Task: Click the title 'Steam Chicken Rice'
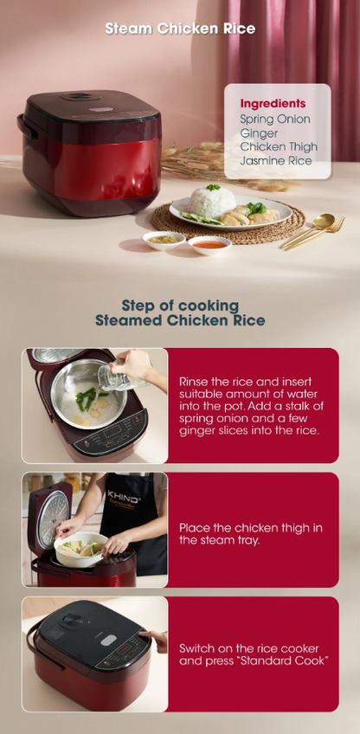click(x=180, y=29)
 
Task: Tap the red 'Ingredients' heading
click(x=273, y=104)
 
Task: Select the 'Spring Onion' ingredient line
click(x=275, y=119)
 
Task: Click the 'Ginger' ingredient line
click(x=259, y=133)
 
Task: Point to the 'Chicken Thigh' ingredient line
click(x=279, y=146)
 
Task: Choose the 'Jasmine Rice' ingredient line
click(x=276, y=161)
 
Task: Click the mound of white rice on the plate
click(x=212, y=202)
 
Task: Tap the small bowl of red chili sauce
click(x=209, y=245)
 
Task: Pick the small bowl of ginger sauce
click(x=164, y=240)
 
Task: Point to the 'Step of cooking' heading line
click(x=180, y=306)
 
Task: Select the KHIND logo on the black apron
click(x=122, y=495)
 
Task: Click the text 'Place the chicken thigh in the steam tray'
click(x=251, y=534)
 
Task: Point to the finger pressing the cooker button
click(x=145, y=634)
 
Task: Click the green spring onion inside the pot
click(x=90, y=398)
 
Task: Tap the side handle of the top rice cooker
click(x=26, y=126)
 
